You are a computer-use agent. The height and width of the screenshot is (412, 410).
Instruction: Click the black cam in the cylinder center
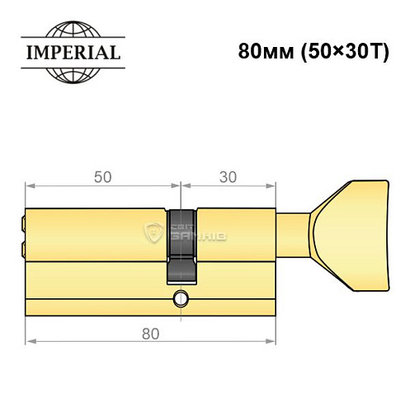181,244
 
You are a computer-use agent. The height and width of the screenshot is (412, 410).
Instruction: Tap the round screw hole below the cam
181,298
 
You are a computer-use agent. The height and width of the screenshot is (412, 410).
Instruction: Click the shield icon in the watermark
154,232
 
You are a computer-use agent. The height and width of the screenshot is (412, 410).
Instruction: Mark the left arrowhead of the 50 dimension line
31,187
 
